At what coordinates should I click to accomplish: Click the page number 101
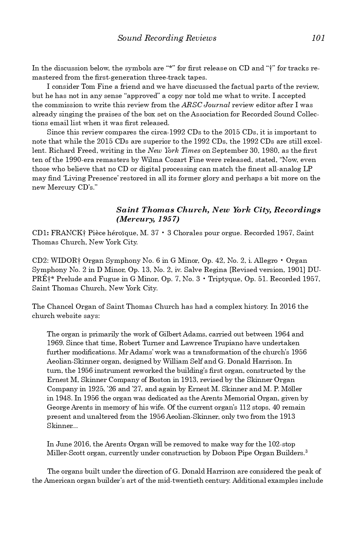click(318, 38)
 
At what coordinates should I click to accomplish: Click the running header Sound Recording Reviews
click(167, 38)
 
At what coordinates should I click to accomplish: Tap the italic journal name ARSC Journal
click(206, 105)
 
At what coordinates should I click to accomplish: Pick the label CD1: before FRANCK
click(40, 233)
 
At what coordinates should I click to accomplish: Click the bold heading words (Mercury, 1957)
click(148, 219)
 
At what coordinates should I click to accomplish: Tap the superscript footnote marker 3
click(306, 452)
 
